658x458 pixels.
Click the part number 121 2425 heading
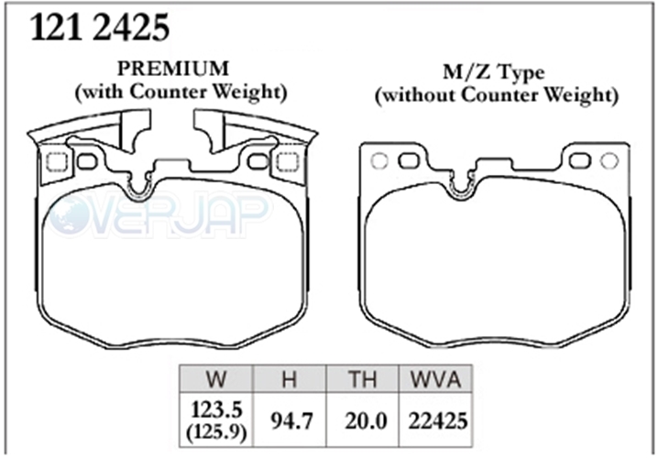[x=100, y=27]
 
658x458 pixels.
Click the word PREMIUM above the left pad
[x=173, y=69]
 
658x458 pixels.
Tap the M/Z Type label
[x=494, y=72]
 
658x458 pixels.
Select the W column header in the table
[x=216, y=379]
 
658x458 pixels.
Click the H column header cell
[x=289, y=379]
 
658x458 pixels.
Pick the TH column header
[x=363, y=379]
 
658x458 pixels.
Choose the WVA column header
[x=435, y=379]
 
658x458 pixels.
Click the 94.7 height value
[x=291, y=420]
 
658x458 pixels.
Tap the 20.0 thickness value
[x=366, y=420]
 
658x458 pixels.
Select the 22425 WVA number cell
[x=438, y=420]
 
